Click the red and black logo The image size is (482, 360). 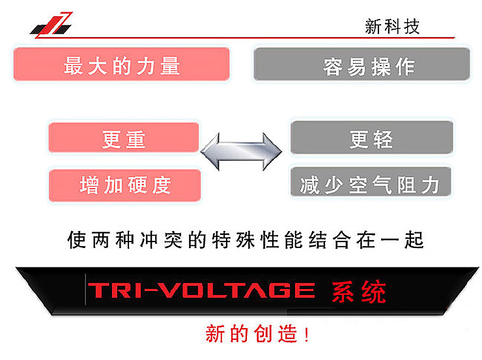coord(51,25)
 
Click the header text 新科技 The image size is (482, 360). coord(392,27)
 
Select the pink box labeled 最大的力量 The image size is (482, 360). coord(121,64)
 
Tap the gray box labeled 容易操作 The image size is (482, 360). coord(361,64)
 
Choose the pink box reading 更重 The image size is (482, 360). coord(124,137)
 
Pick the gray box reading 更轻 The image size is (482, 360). coord(372,137)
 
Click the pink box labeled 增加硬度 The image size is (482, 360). coord(125,186)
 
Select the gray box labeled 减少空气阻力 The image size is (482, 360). coord(371,182)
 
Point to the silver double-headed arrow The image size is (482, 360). coord(241,152)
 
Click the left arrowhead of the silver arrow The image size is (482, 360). coord(210,152)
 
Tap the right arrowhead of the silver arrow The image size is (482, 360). coord(272,152)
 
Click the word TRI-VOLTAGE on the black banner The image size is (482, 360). coord(201,290)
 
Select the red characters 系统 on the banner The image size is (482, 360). coord(359,292)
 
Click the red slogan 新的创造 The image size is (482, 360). coord(251,333)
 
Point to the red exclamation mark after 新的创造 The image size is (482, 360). coord(306,334)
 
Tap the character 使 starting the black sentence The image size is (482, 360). coord(77,240)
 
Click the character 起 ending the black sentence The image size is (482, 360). coord(414,240)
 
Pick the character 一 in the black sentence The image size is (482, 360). coord(390,240)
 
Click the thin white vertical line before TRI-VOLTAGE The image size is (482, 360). coord(85,289)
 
